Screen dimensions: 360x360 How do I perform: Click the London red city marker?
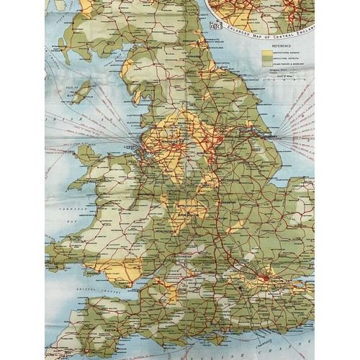267,278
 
